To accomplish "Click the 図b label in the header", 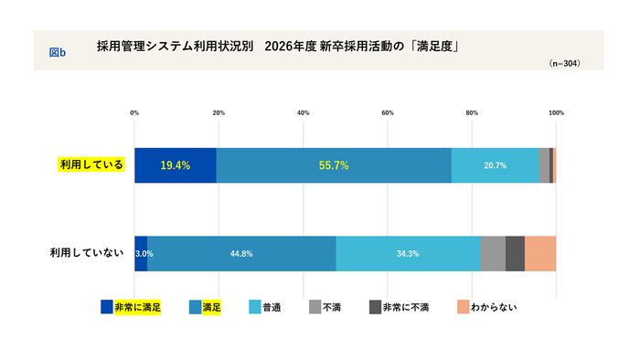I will [57, 52].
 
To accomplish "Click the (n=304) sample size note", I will [564, 64].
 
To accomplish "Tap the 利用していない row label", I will [86, 253].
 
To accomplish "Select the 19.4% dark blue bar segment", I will [176, 165].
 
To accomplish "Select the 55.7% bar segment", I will [334, 165].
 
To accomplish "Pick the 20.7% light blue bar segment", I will [495, 165].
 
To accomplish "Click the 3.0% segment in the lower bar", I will [141, 253].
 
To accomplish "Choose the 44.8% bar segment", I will [241, 253].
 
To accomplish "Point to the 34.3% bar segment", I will [408, 253].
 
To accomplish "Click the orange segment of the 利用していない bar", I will [540, 253].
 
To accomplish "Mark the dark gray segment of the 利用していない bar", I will [515, 253].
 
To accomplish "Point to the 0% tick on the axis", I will [134, 112].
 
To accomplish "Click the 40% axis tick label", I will [303, 112].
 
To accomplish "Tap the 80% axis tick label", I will [472, 112].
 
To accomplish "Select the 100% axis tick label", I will [556, 112].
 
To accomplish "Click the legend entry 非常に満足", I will [132, 307].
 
